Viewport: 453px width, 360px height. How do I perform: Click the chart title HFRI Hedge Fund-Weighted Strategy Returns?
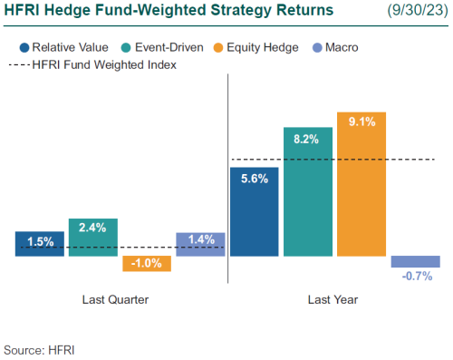click(x=169, y=12)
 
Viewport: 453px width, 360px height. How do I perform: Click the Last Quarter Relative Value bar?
click(x=40, y=243)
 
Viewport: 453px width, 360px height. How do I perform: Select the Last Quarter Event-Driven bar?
click(x=93, y=238)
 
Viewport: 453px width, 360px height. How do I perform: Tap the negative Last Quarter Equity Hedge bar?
click(x=147, y=264)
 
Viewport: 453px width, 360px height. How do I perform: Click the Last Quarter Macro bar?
click(x=200, y=244)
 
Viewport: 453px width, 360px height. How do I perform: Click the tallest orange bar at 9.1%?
click(x=361, y=185)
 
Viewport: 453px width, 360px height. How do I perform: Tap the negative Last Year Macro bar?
click(x=416, y=261)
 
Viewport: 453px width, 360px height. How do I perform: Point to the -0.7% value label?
click(x=416, y=277)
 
